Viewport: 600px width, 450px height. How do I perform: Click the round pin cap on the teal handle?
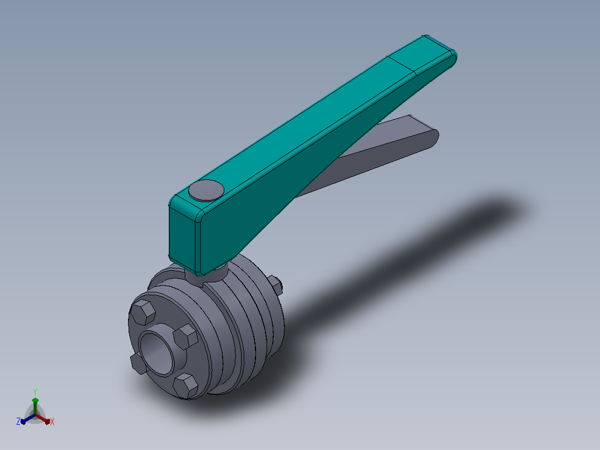206,190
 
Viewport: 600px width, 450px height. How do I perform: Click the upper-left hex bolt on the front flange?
142,312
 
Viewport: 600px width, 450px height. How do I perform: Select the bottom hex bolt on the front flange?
185,385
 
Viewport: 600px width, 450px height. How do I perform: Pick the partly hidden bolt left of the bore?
137,363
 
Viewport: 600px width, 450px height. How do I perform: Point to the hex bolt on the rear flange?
276,285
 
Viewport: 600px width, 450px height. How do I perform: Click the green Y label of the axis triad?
35,392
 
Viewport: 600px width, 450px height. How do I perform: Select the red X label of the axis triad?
52,422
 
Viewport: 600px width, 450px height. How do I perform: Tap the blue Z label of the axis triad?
18,422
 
